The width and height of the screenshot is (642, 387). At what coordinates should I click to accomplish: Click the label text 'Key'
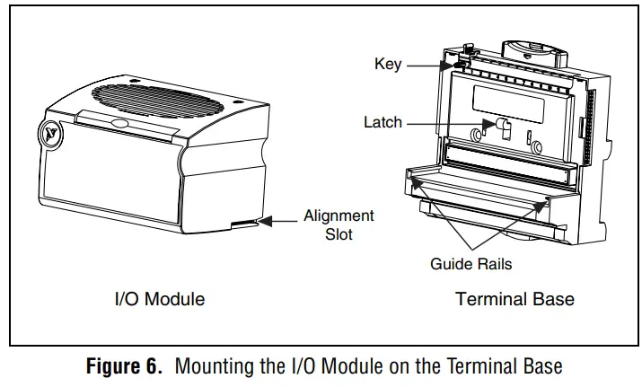(x=388, y=64)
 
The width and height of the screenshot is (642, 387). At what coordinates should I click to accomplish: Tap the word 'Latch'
(x=383, y=122)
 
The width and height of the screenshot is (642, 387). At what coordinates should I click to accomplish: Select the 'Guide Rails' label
(x=471, y=264)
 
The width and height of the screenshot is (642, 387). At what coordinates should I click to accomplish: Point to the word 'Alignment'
(x=339, y=215)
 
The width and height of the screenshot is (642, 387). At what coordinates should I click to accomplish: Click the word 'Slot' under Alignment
(x=339, y=234)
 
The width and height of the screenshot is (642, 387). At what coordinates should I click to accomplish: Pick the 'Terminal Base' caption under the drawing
(x=514, y=299)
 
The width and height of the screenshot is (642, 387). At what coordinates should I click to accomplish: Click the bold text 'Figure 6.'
(x=125, y=366)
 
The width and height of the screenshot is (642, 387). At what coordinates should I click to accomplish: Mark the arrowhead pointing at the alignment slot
(x=264, y=218)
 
